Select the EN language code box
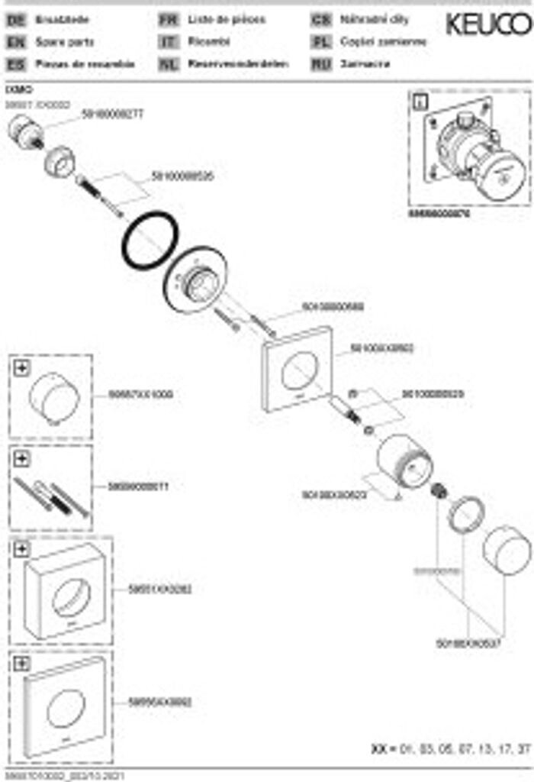(x=15, y=43)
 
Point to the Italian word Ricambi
(x=209, y=43)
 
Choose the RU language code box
(x=321, y=64)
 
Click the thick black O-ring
(x=150, y=240)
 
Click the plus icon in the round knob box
(x=21, y=368)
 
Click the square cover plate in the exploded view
(x=298, y=369)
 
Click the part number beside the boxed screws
(x=138, y=486)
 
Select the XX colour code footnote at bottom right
(x=450, y=748)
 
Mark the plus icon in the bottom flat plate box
(x=21, y=664)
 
